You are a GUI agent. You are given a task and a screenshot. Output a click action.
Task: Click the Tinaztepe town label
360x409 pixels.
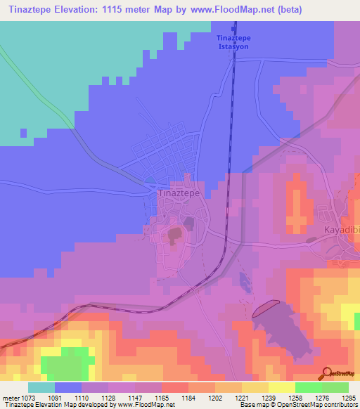tap(179, 192)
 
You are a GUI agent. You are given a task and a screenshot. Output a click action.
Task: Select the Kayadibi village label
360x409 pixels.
tap(340, 230)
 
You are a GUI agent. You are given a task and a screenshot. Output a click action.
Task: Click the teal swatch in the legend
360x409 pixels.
tap(41, 387)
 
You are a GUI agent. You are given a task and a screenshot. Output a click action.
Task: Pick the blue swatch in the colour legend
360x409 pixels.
tap(68, 387)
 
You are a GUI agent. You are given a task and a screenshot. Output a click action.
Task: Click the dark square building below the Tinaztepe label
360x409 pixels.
tap(189, 223)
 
